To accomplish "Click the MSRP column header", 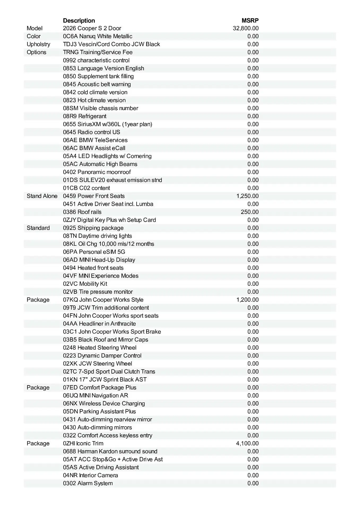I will pos(250,20).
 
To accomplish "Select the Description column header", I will pos(79,20).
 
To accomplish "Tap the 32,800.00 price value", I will pos(246,28).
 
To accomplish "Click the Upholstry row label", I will pos(38,44).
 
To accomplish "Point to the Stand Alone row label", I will pos(42,196).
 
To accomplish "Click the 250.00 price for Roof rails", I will pos(250,212).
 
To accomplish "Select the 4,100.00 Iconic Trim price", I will pos(247,444).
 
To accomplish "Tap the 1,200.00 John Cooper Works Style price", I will pos(247,300).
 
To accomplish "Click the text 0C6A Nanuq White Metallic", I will pos(98,36).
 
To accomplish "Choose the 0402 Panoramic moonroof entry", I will pos(97,172).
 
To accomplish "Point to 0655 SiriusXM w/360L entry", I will pos(107,124).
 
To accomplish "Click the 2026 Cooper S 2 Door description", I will pos(92,28).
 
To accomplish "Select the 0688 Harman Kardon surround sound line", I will pos(110,451).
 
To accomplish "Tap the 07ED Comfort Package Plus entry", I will pos(99,388).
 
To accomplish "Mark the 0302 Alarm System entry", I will pos(88,483).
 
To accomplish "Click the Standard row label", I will pos(38,228).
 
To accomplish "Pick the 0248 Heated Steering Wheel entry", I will pos(100,348).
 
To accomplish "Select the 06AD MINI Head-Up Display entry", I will pos(99,260).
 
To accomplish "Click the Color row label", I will pos(34,36).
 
